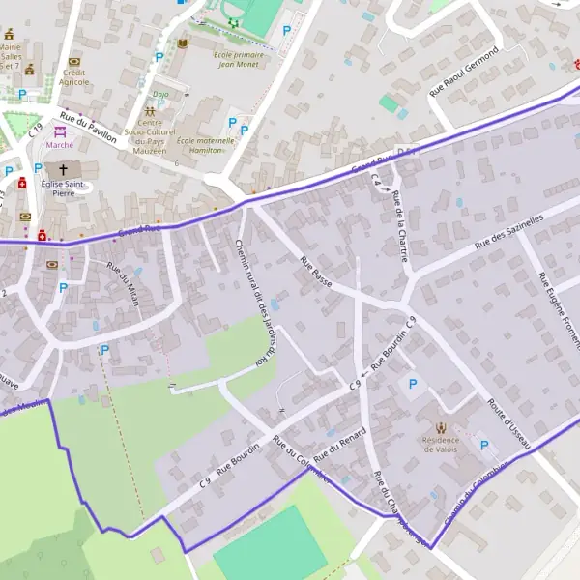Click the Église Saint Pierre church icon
pyautogui.click(x=63, y=170)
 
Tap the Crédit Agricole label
pyautogui.click(x=74, y=76)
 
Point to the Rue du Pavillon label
pyautogui.click(x=88, y=129)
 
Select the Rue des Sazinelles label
pyautogui.click(x=510, y=233)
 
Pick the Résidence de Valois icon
pyautogui.click(x=441, y=426)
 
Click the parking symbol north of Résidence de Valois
pyautogui.click(x=414, y=385)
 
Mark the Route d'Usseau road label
pyautogui.click(x=509, y=422)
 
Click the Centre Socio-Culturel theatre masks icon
pyautogui.click(x=149, y=111)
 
